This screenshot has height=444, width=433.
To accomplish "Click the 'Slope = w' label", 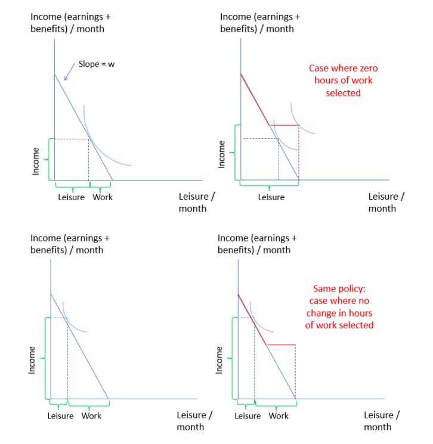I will (x=96, y=64).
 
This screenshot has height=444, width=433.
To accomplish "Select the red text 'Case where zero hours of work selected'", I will (x=343, y=80).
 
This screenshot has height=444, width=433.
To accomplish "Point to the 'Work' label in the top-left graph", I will (x=102, y=197).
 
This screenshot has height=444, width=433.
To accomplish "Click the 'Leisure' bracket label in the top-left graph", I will (x=71, y=197).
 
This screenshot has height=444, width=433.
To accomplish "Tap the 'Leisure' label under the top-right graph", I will (x=271, y=197).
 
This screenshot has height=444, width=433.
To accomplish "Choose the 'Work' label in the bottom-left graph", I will (x=91, y=415).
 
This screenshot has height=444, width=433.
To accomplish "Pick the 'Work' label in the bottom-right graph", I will (x=278, y=415).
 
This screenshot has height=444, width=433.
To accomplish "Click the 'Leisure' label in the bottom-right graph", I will (x=248, y=415).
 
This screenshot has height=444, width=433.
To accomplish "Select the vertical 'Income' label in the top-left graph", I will (x=36, y=161).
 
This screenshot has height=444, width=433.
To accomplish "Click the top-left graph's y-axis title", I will (x=70, y=23).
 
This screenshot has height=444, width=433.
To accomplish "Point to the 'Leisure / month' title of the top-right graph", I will (x=386, y=202).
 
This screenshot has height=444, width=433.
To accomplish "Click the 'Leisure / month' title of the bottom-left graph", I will (x=194, y=421).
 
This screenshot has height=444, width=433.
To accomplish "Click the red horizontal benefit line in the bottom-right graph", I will (x=281, y=344).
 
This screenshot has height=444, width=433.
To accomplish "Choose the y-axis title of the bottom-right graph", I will (x=257, y=244).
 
